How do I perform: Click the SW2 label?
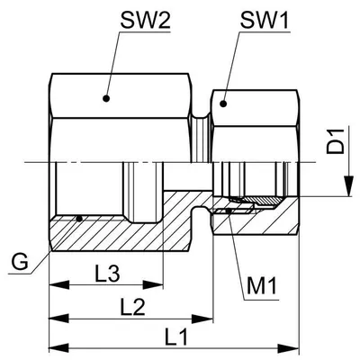(145, 21)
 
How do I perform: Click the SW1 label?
(265, 21)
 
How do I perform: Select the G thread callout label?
(20, 262)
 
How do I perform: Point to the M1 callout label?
(262, 286)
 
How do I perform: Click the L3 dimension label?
(107, 274)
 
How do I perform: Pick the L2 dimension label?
(132, 307)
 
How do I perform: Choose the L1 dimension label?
(176, 337)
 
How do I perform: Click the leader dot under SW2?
(105, 98)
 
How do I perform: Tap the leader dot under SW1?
(222, 103)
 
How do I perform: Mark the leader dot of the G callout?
(79, 219)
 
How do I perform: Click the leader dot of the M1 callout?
(229, 211)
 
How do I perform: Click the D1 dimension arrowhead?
(348, 186)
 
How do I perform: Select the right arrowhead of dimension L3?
(153, 284)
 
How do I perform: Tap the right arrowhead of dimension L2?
(202, 318)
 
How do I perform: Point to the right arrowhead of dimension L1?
(289, 348)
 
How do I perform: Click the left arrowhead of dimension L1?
(59, 348)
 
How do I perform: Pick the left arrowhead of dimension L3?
(59, 284)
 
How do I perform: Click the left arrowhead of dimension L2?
(59, 318)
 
